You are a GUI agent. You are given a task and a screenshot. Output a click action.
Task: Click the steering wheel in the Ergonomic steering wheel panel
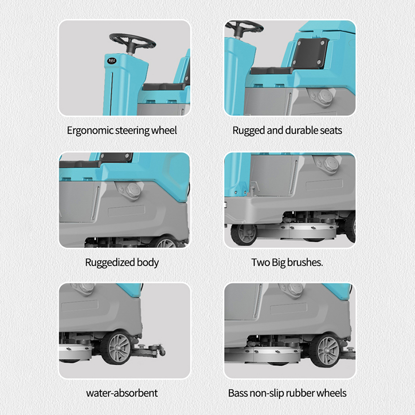[132, 41]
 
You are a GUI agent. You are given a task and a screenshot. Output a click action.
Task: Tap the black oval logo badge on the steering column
[112, 61]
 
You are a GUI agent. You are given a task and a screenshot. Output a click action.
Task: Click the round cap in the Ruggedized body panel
[133, 190]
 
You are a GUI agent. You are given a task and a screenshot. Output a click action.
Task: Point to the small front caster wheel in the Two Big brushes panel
[244, 233]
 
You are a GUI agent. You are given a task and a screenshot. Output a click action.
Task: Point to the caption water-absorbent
[122, 393]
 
